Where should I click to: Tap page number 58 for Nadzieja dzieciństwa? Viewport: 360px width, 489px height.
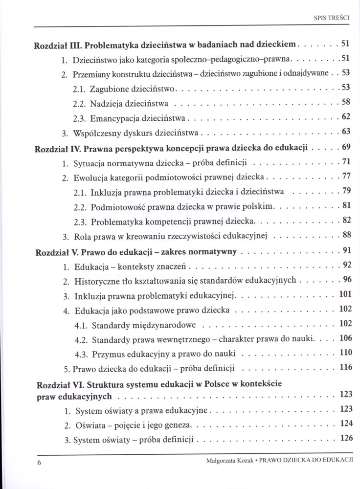click(x=346, y=102)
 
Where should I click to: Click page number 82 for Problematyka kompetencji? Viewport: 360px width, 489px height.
click(x=346, y=220)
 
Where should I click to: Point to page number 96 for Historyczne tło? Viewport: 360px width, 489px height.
click(x=346, y=280)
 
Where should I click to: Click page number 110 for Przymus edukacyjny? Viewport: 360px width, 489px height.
click(x=345, y=352)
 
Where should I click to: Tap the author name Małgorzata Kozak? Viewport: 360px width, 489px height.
click(x=228, y=461)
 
